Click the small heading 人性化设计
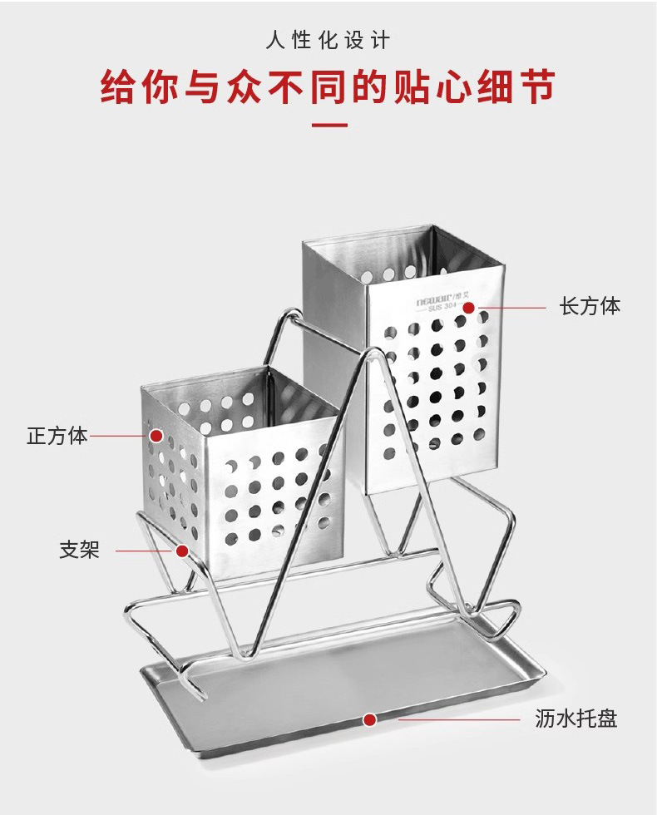(328, 40)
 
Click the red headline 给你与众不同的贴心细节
(328, 86)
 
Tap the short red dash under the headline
(328, 126)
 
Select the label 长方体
(590, 306)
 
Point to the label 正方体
(57, 435)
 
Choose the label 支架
(79, 550)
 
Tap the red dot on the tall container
(468, 308)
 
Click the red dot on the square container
(156, 435)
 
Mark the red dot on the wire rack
(181, 551)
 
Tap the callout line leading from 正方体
(121, 435)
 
